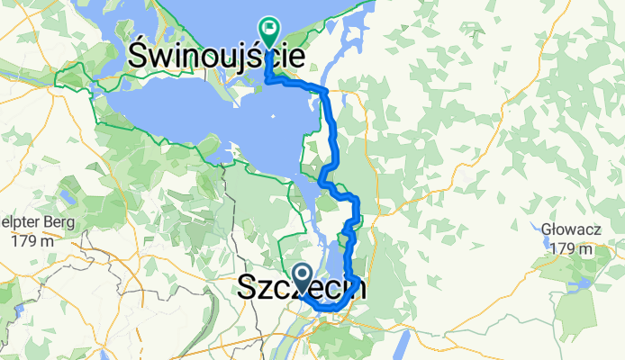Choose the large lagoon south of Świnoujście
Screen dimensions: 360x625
[180, 112]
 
